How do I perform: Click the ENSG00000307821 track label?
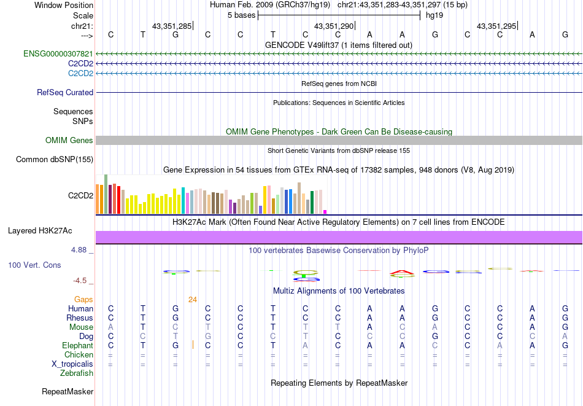click(58, 54)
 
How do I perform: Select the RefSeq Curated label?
click(65, 93)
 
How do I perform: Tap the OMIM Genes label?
click(69, 141)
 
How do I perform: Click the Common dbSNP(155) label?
click(55, 160)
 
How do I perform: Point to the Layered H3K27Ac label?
click(40, 231)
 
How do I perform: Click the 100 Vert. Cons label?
click(34, 265)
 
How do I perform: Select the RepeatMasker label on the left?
click(68, 391)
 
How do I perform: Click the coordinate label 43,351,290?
click(334, 26)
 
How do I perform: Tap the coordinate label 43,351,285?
click(172, 26)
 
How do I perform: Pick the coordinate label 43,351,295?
click(496, 26)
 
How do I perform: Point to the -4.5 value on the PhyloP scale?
click(80, 281)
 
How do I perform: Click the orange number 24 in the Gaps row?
click(193, 300)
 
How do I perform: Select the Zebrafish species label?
click(77, 373)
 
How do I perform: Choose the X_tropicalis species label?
click(72, 364)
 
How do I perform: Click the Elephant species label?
click(77, 346)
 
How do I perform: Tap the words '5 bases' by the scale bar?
click(241, 15)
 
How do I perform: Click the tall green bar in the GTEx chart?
click(106, 194)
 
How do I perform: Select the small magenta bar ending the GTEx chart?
click(325, 212)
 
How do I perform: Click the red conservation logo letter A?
click(403, 271)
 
